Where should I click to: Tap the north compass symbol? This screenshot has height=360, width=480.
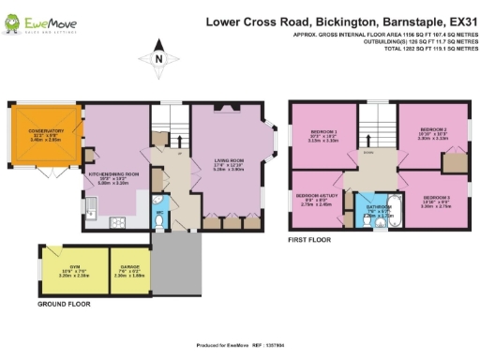click(159, 60)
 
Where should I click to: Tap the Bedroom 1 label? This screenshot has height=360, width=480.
click(323, 132)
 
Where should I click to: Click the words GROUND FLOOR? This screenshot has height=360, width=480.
click(63, 305)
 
